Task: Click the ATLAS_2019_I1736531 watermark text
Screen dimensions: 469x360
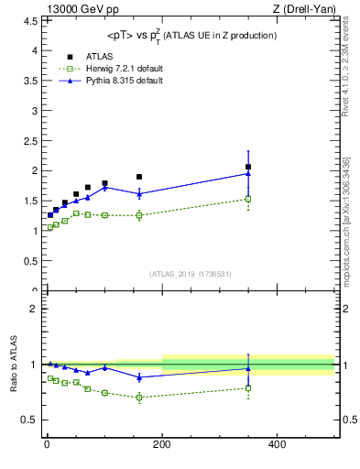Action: [x=191, y=274]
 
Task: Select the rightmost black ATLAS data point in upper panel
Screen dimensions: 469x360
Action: [x=248, y=167]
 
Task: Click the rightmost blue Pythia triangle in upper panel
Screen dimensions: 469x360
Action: [x=248, y=173]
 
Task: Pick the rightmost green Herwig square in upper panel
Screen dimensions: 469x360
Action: [x=248, y=199]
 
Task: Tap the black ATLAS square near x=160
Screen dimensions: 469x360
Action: [x=139, y=177]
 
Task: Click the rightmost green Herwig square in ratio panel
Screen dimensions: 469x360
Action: [x=248, y=387]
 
